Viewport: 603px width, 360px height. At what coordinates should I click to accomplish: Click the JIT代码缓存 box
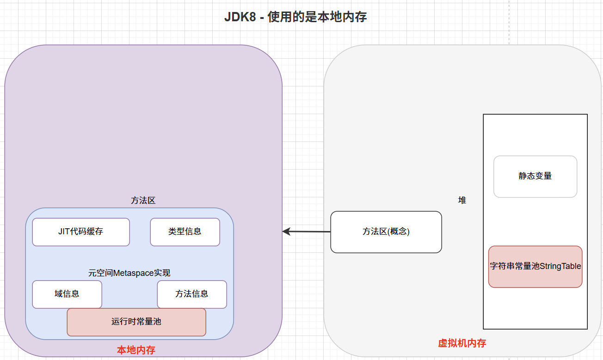pyautogui.click(x=81, y=232)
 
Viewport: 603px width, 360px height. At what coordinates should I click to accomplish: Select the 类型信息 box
pyautogui.click(x=185, y=232)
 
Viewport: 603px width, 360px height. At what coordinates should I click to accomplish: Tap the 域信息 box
pyautogui.click(x=67, y=294)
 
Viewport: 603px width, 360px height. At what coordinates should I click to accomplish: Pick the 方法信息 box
pyautogui.click(x=192, y=294)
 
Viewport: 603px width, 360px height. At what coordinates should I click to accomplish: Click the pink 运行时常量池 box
pyautogui.click(x=136, y=322)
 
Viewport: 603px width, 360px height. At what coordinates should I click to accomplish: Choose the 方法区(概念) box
pyautogui.click(x=386, y=232)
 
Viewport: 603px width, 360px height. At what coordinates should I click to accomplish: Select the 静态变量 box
pyautogui.click(x=535, y=177)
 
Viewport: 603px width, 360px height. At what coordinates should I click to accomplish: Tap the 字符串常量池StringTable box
pyautogui.click(x=535, y=267)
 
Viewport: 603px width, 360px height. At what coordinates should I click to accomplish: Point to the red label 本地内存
pyautogui.click(x=136, y=350)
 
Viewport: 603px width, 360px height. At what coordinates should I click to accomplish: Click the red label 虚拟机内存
pyautogui.click(x=462, y=343)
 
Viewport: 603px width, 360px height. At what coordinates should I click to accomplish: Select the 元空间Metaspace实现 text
pyautogui.click(x=129, y=273)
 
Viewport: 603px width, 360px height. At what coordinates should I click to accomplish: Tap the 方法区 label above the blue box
pyautogui.click(x=143, y=201)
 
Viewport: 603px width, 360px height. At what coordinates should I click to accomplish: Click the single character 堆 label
pyautogui.click(x=462, y=201)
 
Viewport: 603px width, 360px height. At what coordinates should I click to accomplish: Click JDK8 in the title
pyautogui.click(x=240, y=18)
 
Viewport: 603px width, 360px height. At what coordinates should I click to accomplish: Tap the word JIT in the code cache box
pyautogui.click(x=64, y=232)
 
